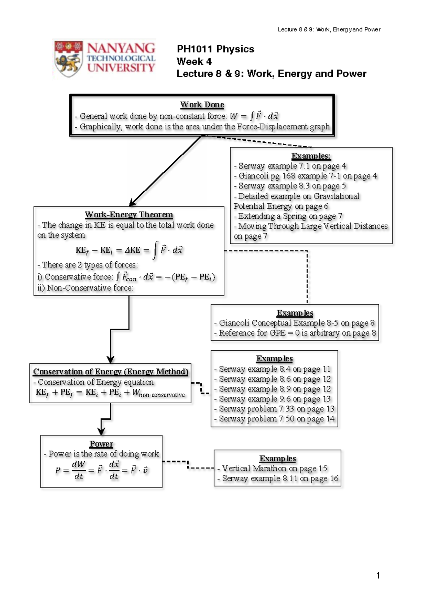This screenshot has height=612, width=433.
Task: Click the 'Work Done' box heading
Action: point(202,105)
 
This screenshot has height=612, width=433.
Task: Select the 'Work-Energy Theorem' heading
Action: point(129,214)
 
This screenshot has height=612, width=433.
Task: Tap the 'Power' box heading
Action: point(101,444)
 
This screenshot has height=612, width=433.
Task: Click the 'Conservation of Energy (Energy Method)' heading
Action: point(111,371)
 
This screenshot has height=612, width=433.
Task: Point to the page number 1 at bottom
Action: point(378,575)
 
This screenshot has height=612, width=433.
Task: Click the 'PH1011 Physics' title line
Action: point(215,49)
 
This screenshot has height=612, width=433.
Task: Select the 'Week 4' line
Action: point(194,61)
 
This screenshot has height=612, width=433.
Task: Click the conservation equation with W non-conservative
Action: point(110,393)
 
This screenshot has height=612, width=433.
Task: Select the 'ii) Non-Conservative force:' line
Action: point(85,288)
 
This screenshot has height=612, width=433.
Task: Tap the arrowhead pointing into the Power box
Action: point(101,431)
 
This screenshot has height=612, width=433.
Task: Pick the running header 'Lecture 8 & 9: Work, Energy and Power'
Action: point(329,30)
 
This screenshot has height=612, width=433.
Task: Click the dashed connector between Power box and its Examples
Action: point(188,465)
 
